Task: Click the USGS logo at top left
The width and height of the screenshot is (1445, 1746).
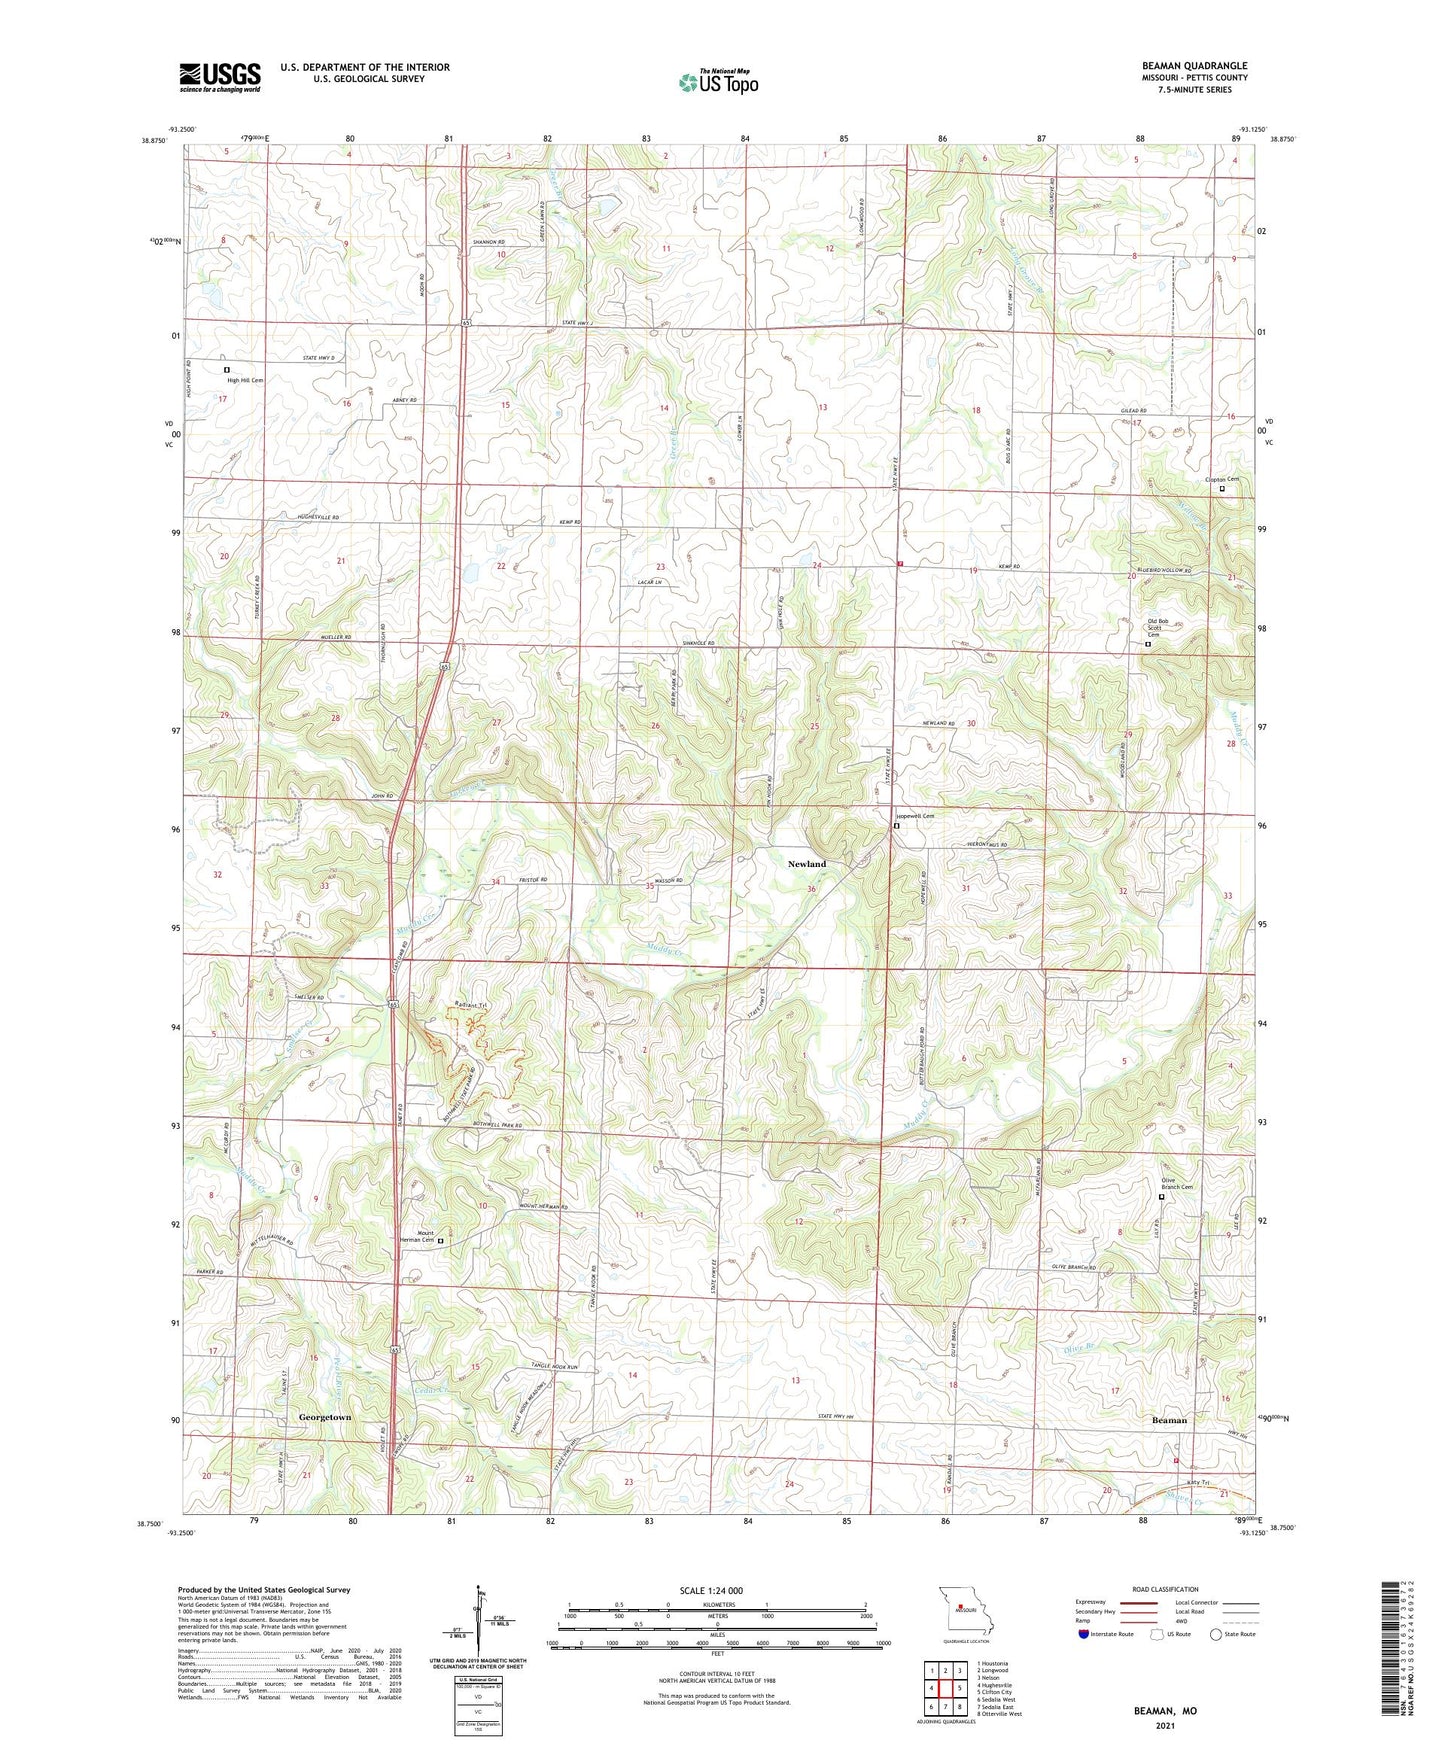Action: (x=220, y=77)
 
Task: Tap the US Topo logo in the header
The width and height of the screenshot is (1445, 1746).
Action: (x=718, y=82)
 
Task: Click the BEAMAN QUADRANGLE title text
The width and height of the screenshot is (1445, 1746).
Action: (x=1194, y=66)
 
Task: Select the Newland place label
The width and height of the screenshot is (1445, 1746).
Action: (x=807, y=864)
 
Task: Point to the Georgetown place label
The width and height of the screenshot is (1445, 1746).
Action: (x=325, y=1417)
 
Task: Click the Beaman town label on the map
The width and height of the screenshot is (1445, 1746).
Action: (x=1169, y=1420)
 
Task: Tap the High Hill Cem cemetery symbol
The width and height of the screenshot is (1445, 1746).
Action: (x=227, y=370)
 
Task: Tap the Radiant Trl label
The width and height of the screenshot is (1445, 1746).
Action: (x=469, y=1005)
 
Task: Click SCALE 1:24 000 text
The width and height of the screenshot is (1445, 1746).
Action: (x=711, y=1590)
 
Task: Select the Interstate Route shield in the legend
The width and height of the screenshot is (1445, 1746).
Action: (x=1085, y=1634)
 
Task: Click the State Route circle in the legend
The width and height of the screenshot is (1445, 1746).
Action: (x=1216, y=1634)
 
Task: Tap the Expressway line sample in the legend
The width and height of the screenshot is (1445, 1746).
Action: (x=1139, y=1603)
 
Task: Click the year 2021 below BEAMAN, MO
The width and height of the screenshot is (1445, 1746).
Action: (x=1165, y=1725)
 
